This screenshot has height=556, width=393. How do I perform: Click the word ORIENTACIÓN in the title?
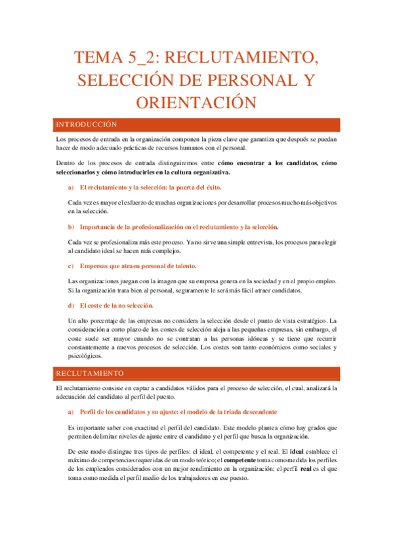[196, 103]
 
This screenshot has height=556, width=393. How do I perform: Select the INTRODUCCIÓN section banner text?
[85, 124]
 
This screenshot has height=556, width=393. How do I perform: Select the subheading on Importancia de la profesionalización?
[178, 227]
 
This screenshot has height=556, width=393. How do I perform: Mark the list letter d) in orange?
[71, 306]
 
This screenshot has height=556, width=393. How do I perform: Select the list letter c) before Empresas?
[71, 266]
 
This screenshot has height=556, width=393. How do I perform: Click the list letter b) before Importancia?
[71, 227]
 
